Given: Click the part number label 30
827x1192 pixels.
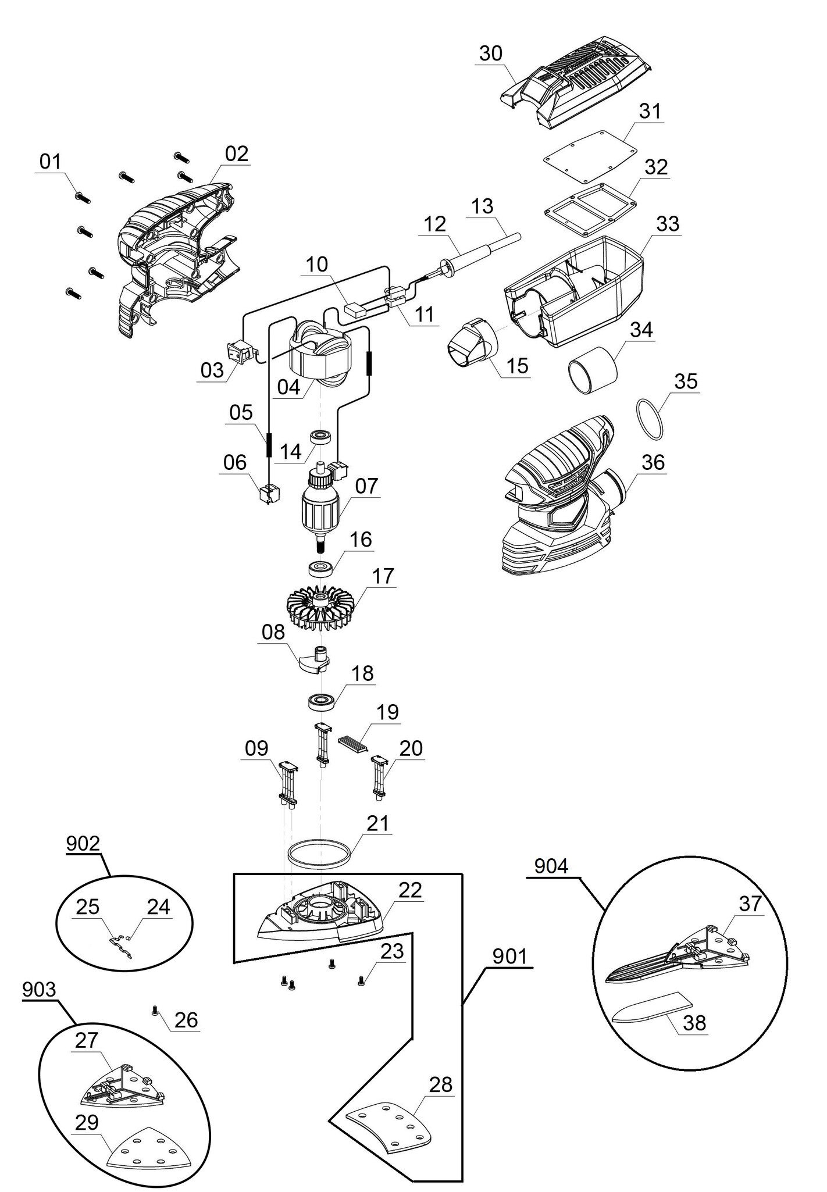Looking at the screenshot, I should point(491,53).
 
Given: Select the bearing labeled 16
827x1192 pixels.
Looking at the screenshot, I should point(319,567).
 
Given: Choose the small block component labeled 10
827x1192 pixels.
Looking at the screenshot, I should point(355,309).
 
